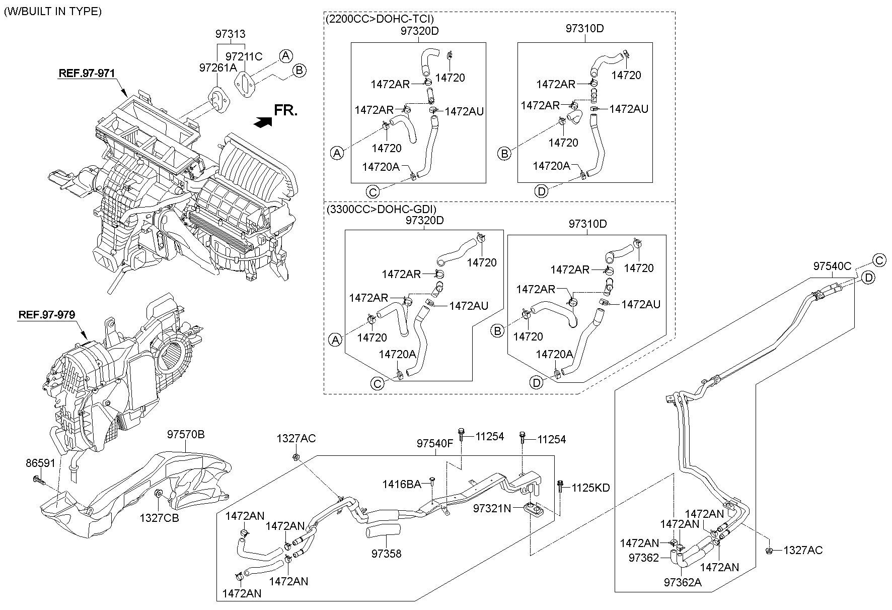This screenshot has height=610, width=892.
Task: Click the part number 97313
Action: pos(231,34)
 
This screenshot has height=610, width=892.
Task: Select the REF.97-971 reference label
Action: pos(87,73)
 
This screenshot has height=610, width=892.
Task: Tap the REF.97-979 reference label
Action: pos(47,315)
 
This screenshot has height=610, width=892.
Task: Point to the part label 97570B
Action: pos(186,434)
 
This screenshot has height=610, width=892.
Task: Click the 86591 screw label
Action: pos(41,463)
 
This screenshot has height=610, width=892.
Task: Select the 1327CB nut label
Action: pos(160,517)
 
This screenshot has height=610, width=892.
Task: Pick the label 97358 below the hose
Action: pos(387,554)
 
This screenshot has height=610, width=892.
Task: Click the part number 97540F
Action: pos(435,444)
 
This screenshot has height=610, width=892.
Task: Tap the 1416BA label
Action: pos(401,484)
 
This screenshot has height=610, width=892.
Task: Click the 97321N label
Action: pos(492,509)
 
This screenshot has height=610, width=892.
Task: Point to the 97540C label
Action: pos(832,266)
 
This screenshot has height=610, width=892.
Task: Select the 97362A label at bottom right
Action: pos(683,582)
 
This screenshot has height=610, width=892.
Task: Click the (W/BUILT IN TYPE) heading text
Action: pos(53,11)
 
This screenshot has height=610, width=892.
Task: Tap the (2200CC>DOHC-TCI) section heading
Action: pos(380,19)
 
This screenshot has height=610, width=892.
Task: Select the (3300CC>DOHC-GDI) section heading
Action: pos(381,209)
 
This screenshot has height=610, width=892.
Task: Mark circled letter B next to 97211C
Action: pos(299,71)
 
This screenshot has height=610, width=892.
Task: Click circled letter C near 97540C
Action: pos(879,260)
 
